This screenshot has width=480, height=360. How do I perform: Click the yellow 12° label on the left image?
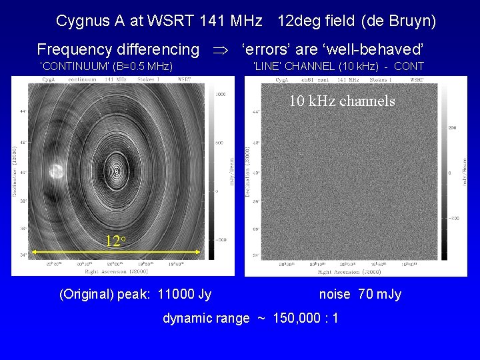(115, 240)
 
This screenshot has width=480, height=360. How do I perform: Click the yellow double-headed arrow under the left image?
(115, 251)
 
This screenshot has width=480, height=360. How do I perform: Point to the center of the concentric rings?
(117, 171)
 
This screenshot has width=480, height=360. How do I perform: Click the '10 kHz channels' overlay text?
(341, 101)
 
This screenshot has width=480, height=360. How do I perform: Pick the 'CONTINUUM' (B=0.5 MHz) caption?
(107, 66)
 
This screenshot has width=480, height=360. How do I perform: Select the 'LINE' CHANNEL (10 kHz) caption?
(339, 66)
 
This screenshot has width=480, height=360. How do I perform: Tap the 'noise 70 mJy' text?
(360, 294)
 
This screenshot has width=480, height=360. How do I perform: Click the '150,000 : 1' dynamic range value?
(305, 318)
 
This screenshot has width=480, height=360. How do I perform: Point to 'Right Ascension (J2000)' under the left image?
(117, 271)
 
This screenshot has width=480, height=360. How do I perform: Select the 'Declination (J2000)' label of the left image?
(14, 171)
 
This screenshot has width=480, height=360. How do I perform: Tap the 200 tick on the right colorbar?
(451, 127)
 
